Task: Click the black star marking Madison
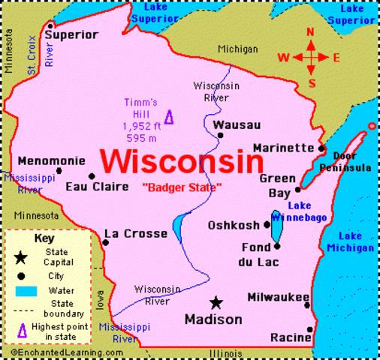click(x=216, y=302)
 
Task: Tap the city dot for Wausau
click(x=221, y=135)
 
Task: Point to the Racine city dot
click(x=310, y=328)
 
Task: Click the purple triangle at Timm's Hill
click(x=168, y=117)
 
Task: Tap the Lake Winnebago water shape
click(x=276, y=227)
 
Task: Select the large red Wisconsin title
click(x=182, y=160)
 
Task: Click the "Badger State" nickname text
click(x=182, y=187)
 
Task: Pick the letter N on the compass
click(x=310, y=32)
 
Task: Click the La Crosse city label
click(x=135, y=234)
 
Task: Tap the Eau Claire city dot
click(x=92, y=177)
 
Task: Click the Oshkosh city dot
click(x=267, y=224)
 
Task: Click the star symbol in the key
click(x=21, y=257)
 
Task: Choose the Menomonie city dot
click(x=59, y=171)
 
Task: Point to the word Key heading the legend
click(x=45, y=238)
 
